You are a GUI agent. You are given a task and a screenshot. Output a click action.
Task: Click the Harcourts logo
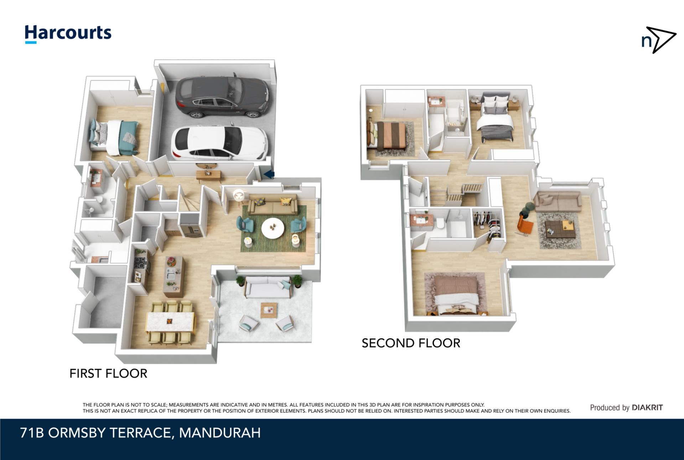(x=68, y=34)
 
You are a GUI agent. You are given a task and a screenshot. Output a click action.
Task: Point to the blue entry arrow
(x=269, y=174)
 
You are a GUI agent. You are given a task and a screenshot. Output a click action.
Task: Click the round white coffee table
(x=273, y=227)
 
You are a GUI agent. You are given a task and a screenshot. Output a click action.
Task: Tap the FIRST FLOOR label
(x=108, y=374)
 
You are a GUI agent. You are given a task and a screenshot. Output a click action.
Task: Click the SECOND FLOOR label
(x=411, y=343)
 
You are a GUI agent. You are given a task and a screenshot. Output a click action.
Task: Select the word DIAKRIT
(x=647, y=408)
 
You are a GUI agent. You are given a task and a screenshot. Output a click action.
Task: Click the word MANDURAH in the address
(x=220, y=433)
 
